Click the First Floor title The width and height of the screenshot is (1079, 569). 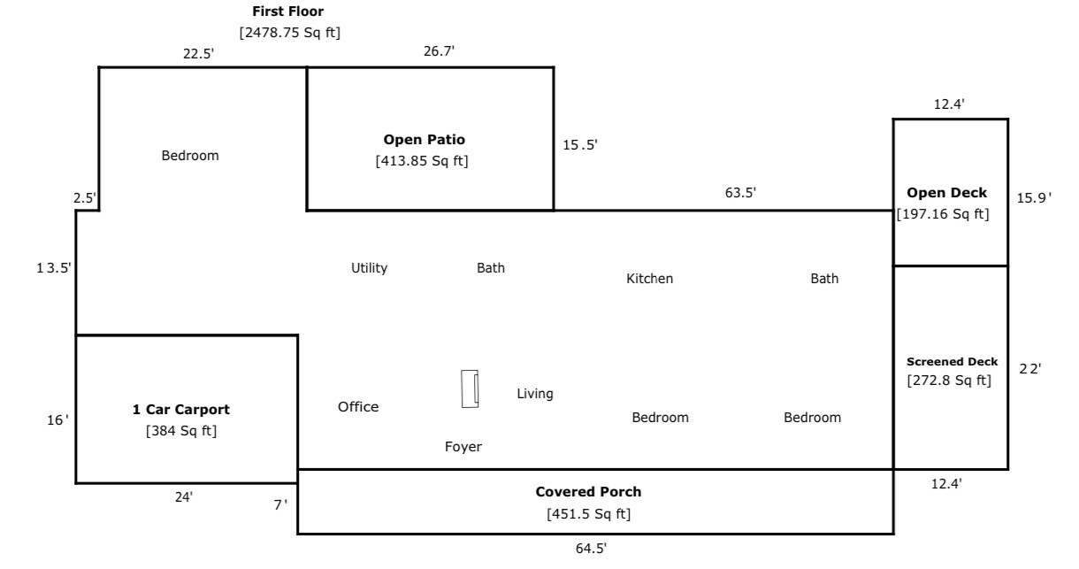coord(288,12)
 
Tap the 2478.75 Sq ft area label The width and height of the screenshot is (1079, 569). coord(289,33)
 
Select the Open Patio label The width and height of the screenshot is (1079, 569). coord(424,140)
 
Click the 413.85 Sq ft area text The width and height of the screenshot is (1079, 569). coord(422,161)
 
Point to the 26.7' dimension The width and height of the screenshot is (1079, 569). coord(439,50)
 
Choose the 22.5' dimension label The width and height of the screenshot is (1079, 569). coord(198,53)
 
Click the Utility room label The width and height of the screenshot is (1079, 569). coord(369,268)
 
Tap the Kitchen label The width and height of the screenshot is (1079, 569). coord(649,279)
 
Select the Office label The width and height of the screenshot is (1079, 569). coord(358,407)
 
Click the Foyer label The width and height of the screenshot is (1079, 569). coord(463,447)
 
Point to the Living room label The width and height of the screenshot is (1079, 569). coord(535,394)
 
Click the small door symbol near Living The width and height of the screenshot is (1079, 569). coord(470,388)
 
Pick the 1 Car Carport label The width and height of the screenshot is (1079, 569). coord(180,410)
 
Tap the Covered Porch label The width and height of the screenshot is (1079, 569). coord(588,492)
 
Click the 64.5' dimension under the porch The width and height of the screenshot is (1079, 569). coord(591,549)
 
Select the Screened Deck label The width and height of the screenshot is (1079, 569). coord(952,362)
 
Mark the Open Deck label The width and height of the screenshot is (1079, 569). coord(946,193)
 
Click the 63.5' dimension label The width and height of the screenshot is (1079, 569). coord(740,193)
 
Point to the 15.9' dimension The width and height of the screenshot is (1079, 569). coord(1034,198)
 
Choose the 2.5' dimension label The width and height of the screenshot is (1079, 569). coord(85,198)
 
